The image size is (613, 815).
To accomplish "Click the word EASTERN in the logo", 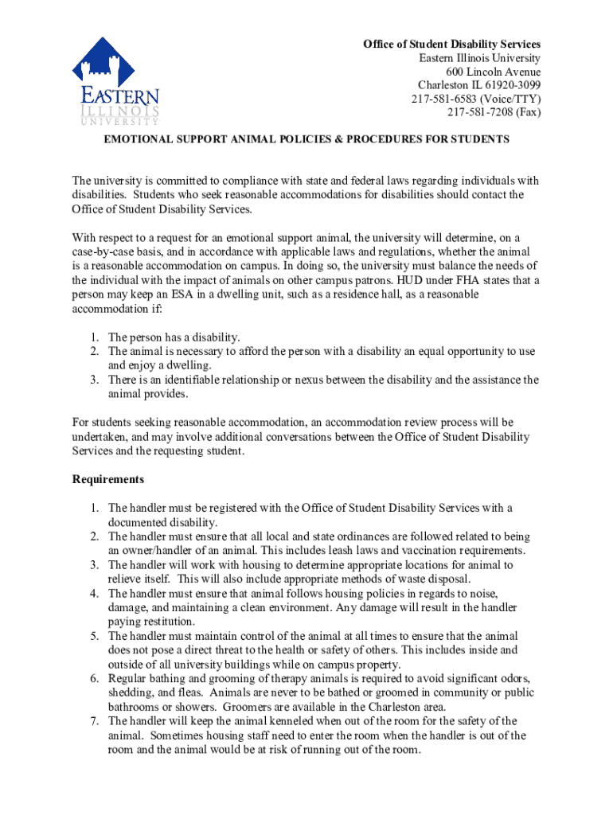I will point(119,97).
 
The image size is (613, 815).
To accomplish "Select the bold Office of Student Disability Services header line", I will point(451,44).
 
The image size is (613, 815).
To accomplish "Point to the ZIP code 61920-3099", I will point(510,85).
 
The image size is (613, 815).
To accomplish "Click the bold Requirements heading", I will point(108,479).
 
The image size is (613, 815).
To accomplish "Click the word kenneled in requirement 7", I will point(272,721).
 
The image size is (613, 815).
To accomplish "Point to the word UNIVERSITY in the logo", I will point(119,121).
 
